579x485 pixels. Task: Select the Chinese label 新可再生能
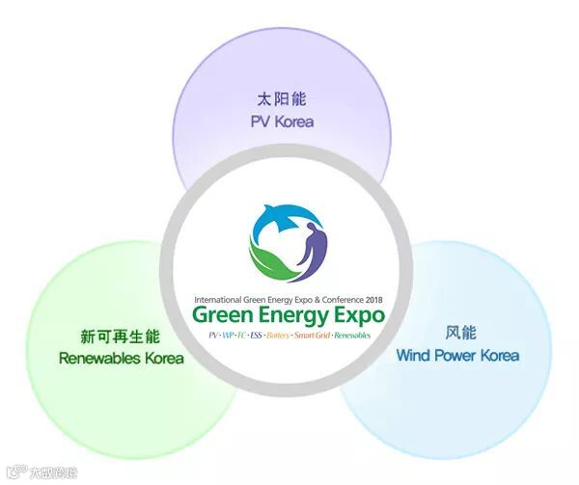121,337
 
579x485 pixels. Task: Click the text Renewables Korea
121,359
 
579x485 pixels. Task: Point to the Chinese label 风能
457,332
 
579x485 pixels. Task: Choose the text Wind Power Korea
457,355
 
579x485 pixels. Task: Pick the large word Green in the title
219,315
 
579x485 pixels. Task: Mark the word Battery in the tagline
278,334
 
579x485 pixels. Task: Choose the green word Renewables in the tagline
353,334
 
